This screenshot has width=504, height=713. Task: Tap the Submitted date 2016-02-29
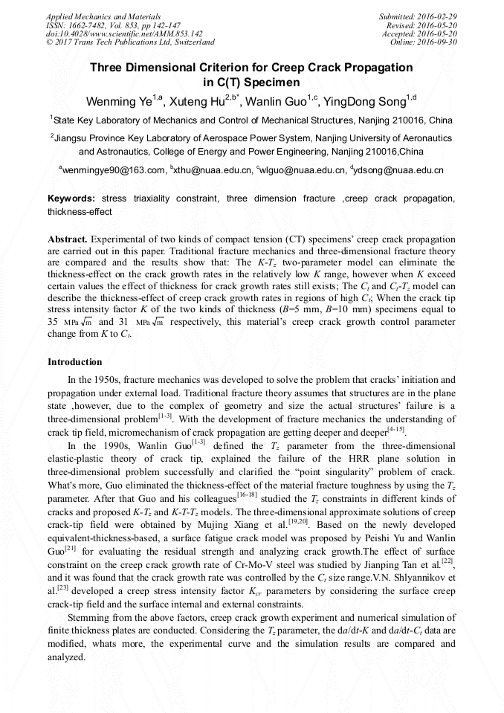tap(438, 16)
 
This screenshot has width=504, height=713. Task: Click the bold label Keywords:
tap(71, 199)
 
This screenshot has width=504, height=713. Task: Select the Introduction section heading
tap(75, 362)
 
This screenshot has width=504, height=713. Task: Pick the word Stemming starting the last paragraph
tap(88, 618)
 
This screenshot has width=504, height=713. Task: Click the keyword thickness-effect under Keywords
tap(80, 211)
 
